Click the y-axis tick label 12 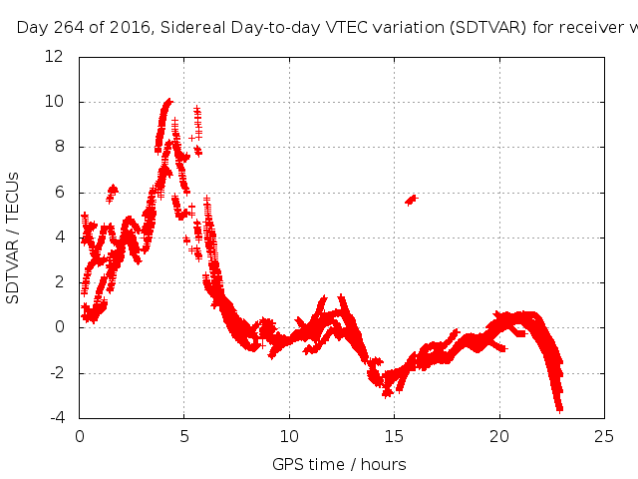56,56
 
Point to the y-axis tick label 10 56,102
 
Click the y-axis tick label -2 57,373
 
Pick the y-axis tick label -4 57,418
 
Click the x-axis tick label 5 184,435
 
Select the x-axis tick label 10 289,435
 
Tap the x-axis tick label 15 394,435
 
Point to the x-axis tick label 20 498,435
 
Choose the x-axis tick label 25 603,435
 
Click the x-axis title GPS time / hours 339,464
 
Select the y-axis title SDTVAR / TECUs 14,238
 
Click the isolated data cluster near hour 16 411,200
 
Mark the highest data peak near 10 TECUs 168,101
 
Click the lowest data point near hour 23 559,407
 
